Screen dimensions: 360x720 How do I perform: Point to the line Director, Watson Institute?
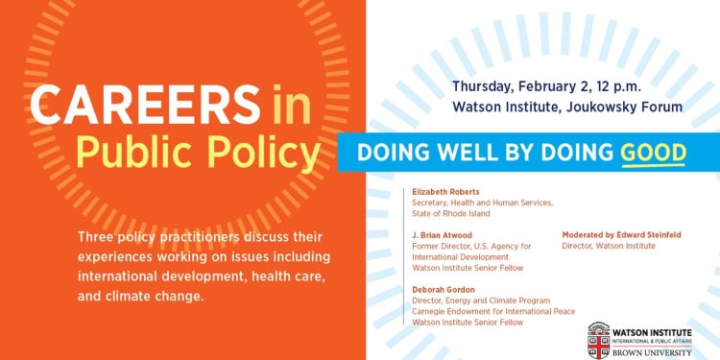point(609,246)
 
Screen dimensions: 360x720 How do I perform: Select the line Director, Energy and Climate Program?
point(481,300)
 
